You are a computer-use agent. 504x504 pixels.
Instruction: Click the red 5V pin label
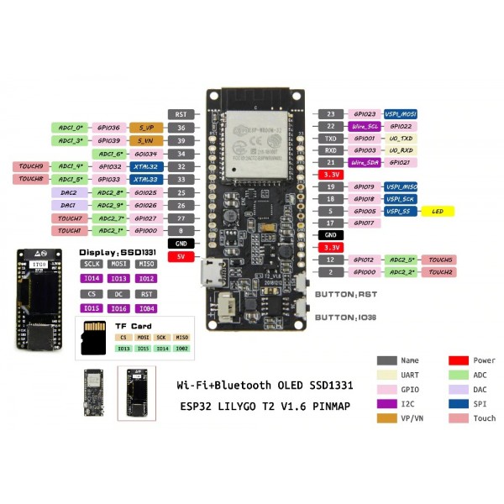pyautogui.click(x=181, y=256)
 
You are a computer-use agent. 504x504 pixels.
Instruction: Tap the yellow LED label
pyautogui.click(x=437, y=211)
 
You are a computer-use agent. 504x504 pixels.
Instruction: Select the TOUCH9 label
pyautogui.click(x=29, y=166)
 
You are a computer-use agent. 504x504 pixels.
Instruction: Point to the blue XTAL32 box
pyautogui.click(x=145, y=166)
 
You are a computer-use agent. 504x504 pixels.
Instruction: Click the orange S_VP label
pyautogui.click(x=145, y=128)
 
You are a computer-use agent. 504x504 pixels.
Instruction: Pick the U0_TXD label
pyautogui.click(x=401, y=138)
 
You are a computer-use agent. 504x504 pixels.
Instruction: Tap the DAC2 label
pyautogui.click(x=69, y=192)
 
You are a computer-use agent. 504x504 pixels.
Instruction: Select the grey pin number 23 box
pyautogui.click(x=331, y=113)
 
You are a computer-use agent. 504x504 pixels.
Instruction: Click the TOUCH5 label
pyautogui.click(x=438, y=260)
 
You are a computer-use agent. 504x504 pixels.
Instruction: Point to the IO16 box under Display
pyautogui.click(x=120, y=308)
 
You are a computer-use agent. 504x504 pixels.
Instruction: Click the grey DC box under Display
pyautogui.click(x=120, y=294)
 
